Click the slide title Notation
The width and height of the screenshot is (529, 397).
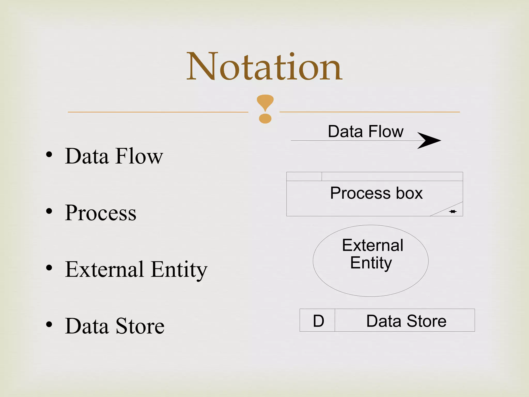coord(264,67)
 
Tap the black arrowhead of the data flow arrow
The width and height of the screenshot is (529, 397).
coord(429,141)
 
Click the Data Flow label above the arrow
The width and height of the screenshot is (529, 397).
coord(365,132)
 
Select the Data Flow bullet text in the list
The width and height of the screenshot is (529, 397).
coord(114,156)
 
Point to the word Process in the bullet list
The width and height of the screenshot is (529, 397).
coord(100,213)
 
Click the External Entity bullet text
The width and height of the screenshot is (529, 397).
coord(136,270)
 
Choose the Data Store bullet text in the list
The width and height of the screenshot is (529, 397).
coord(115,326)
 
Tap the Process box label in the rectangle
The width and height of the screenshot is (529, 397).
coord(376,193)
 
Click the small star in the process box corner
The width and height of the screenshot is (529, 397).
coord(453,212)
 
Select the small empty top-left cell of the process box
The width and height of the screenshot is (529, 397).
coord(304,177)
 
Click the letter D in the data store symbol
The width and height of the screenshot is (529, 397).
coord(318,321)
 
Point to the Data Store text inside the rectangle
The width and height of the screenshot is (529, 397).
coord(406,321)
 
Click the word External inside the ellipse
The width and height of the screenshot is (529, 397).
coord(372,245)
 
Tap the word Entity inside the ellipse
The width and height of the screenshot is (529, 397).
coord(371,263)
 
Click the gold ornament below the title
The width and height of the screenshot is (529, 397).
coord(265,109)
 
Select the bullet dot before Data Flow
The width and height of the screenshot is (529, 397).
coord(49,155)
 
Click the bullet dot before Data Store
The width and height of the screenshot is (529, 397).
coord(49,324)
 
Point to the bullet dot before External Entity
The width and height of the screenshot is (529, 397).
coord(49,268)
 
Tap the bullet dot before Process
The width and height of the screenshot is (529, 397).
coord(49,211)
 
